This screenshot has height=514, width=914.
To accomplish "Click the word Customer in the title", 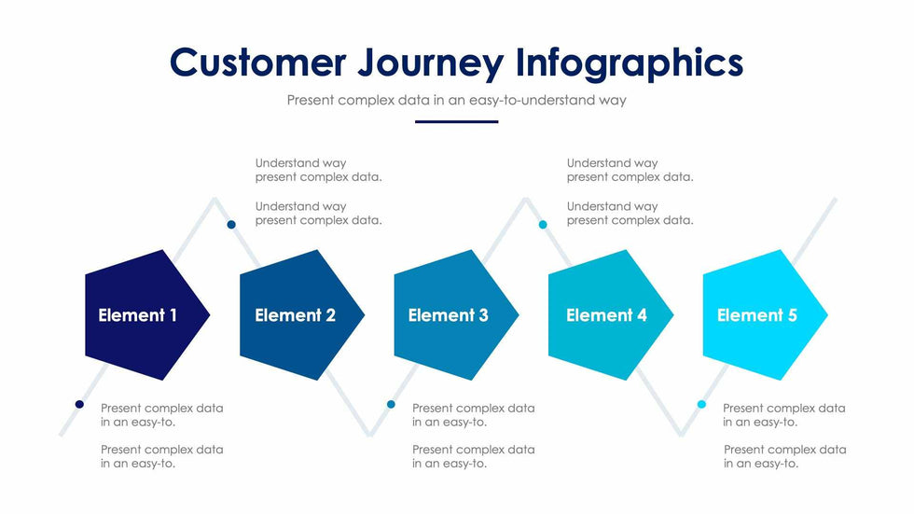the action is point(257,63).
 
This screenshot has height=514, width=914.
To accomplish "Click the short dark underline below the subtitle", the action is point(456,122).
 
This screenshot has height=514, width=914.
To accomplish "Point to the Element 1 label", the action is point(138,315).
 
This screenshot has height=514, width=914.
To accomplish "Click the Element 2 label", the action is point(295,315).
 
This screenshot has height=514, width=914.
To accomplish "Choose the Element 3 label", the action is point(449,315).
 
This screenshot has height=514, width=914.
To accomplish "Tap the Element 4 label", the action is point(606,315).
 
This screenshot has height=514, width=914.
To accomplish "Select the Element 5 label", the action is point(757,315).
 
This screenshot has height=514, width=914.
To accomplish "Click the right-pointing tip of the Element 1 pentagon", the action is point(210,314).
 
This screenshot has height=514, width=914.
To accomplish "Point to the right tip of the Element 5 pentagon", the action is point(828,314).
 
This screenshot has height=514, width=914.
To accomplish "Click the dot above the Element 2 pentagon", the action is point(231,225).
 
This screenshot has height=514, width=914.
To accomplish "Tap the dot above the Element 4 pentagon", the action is point(543,225).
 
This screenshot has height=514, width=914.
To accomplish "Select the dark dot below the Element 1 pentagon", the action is point(79,405).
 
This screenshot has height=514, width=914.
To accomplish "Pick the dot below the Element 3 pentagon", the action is point(391,405).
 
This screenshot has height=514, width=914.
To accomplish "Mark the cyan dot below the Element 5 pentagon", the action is point(701,405).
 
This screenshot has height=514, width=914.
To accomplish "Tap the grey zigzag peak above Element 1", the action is point(215,200).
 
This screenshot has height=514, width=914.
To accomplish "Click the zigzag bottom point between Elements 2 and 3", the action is point(370,434).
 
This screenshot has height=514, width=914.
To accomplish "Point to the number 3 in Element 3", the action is point(483,315).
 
